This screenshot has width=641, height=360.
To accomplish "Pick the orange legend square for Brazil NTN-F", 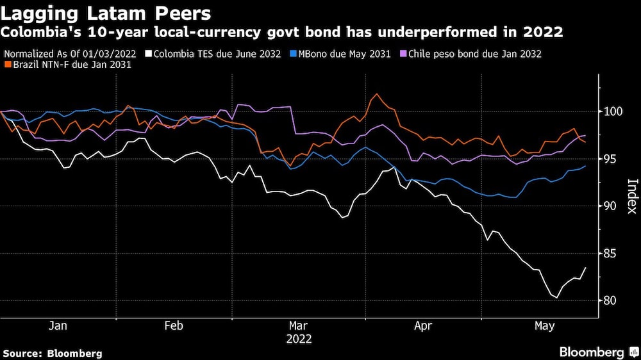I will pyautogui.click(x=7, y=65).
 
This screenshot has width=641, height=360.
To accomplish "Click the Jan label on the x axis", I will pyautogui.click(x=58, y=326).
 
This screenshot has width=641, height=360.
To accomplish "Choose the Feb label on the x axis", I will pyautogui.click(x=174, y=326).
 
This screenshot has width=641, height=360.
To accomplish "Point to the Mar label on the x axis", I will pyautogui.click(x=299, y=326).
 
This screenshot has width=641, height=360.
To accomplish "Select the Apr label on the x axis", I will pyautogui.click(x=423, y=326).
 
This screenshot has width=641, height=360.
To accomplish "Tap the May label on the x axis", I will pyautogui.click(x=544, y=326).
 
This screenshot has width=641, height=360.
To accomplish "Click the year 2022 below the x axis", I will pyautogui.click(x=299, y=339).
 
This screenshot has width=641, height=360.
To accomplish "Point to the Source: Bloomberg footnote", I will pyautogui.click(x=53, y=353).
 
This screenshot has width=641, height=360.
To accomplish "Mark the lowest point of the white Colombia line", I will pyautogui.click(x=556, y=298).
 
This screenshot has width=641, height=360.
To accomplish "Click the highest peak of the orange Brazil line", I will pyautogui.click(x=377, y=94).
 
